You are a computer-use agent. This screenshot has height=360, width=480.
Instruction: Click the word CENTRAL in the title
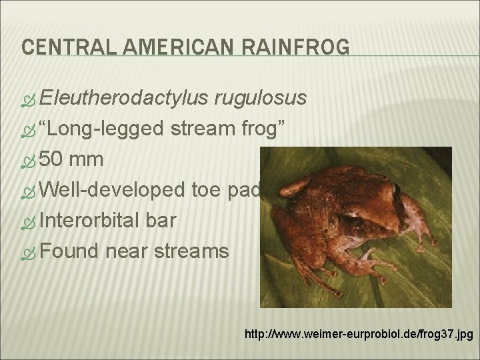tap(57, 47)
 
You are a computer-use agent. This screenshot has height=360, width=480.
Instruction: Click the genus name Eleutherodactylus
tap(123, 99)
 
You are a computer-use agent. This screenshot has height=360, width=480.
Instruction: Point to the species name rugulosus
tap(261, 99)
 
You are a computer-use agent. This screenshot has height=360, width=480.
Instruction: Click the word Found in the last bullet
tap(69, 251)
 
